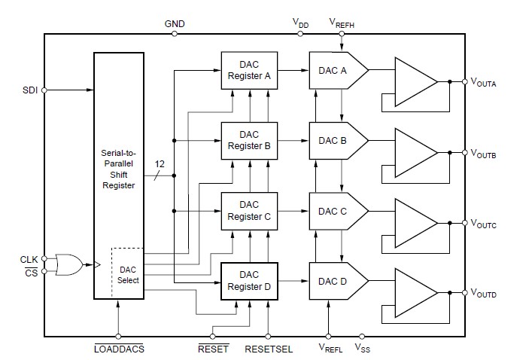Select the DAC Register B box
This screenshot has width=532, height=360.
pos(248,140)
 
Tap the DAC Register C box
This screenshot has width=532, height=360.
pos(248,210)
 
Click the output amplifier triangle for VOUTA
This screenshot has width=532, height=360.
pos(415,81)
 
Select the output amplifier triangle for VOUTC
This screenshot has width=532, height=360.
pos(415,223)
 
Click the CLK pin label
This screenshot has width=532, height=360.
pos(29,259)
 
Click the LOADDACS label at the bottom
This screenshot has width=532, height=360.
pos(118,349)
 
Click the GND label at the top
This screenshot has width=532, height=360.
pos(175,23)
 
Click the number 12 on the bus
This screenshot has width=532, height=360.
pos(160,163)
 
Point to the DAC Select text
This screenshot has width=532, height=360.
pos(129,274)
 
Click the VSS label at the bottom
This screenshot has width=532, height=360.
pos(362,349)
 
